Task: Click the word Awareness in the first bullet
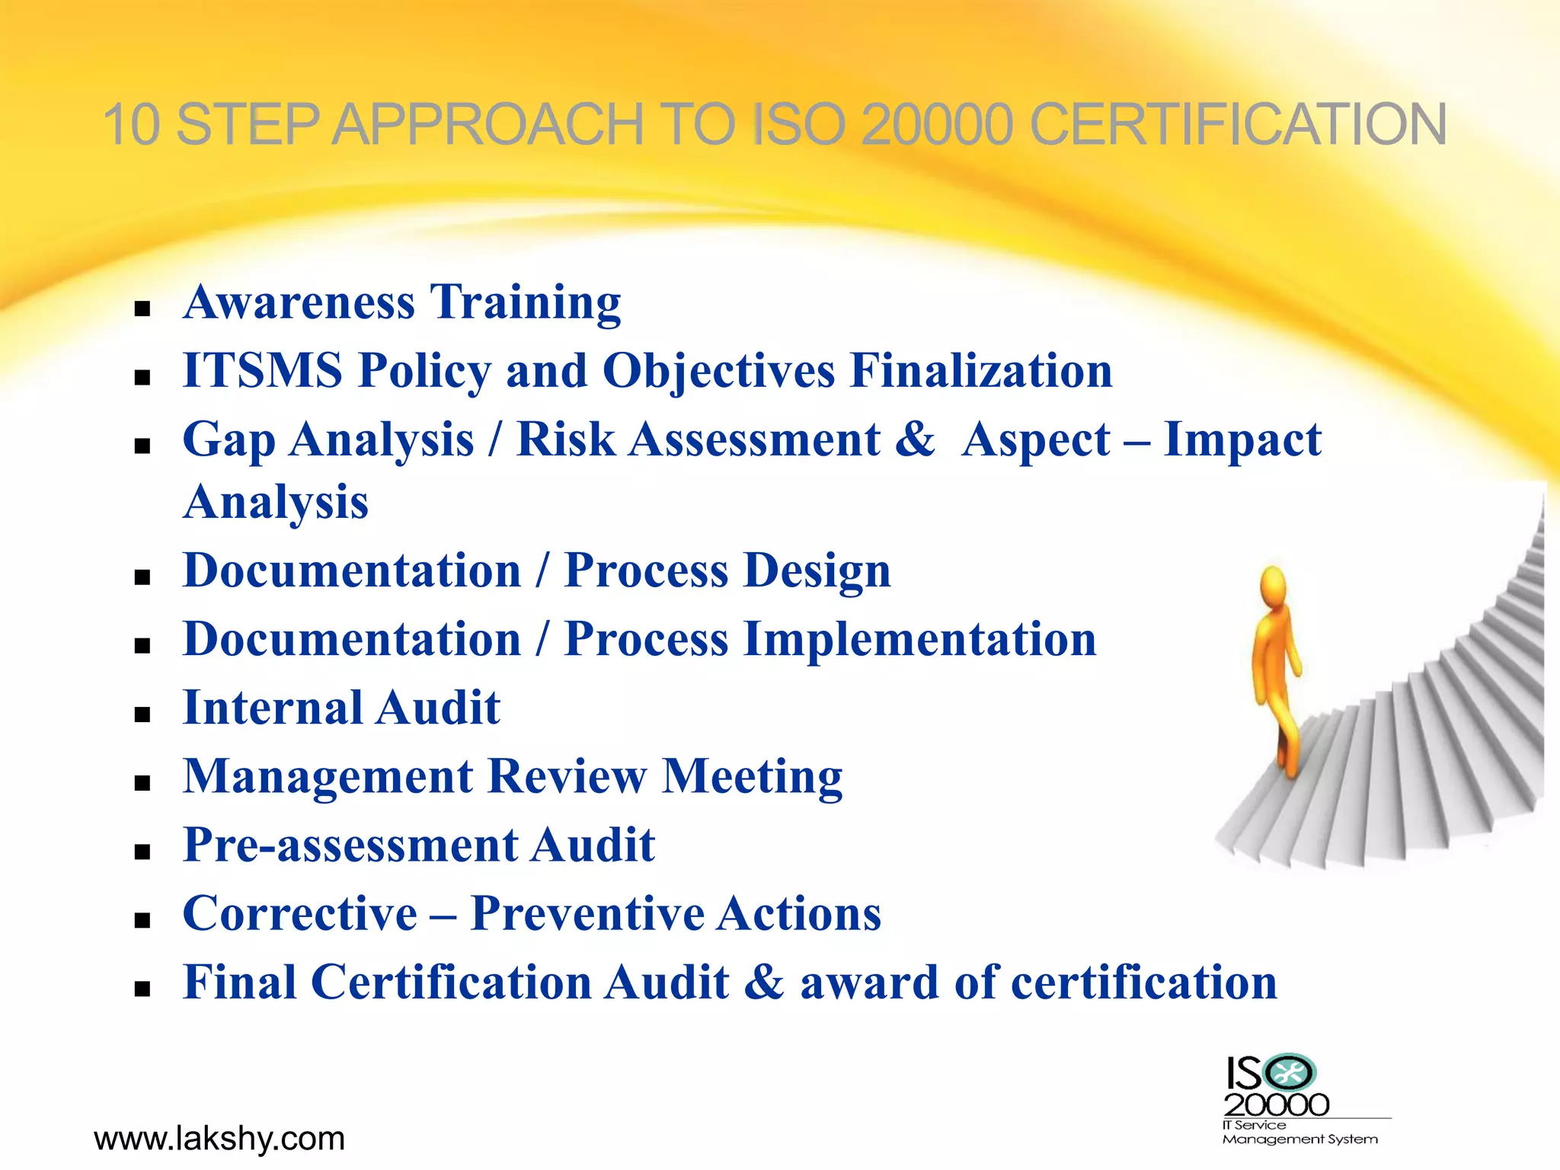(x=299, y=302)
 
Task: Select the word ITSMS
(x=263, y=371)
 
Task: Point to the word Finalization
(x=980, y=371)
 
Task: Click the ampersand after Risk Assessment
(x=914, y=440)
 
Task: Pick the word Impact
(x=1242, y=440)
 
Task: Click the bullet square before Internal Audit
(x=142, y=714)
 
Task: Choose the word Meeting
(x=753, y=776)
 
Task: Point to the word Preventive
(x=587, y=913)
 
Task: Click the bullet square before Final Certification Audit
(x=142, y=989)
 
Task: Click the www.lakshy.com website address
(x=219, y=1139)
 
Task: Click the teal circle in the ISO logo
(x=1289, y=1073)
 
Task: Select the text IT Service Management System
(x=1299, y=1132)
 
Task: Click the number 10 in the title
(x=131, y=124)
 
